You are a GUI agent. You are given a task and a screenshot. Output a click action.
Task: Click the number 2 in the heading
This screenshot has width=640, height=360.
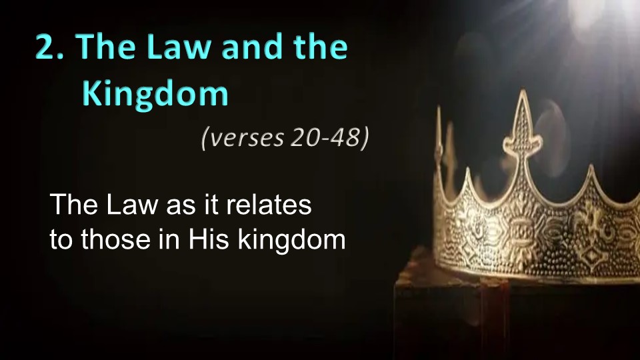46,47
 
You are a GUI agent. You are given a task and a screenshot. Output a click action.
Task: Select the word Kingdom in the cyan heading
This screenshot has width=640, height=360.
155,94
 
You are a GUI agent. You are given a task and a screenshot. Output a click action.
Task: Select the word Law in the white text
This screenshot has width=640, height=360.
132,204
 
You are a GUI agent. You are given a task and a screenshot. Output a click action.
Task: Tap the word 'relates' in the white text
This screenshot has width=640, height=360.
269,204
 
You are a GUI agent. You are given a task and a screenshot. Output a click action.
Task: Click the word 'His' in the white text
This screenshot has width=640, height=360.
208,239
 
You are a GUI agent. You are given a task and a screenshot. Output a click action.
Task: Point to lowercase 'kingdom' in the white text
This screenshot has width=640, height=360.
292,240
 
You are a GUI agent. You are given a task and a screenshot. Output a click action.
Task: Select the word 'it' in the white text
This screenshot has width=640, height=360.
211,204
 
